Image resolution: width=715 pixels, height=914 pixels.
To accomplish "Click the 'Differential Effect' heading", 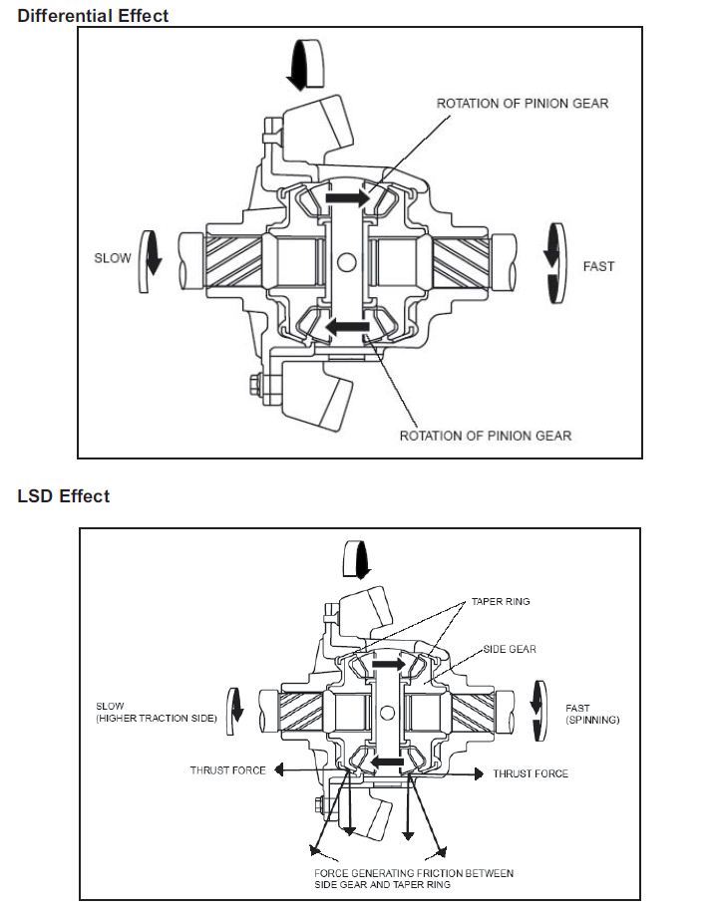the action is point(93,16).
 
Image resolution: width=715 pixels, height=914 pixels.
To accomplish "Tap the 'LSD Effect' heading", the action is point(64,496).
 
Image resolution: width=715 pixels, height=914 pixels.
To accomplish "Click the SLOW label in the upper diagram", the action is point(113,258).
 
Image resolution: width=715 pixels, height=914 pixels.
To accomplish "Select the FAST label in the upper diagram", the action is point(598,266).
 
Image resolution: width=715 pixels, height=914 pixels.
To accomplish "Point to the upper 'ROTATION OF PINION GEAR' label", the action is point(523,104).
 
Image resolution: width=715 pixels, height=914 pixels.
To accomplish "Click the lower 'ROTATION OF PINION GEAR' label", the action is point(486,436).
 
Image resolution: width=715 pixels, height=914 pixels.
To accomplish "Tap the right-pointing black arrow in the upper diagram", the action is point(348,198).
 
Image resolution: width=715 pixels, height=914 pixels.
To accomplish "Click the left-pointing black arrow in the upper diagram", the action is point(348,327).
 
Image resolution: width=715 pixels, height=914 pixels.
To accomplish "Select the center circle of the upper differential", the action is point(346,262).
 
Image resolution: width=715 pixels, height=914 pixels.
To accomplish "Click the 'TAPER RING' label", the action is point(501,602).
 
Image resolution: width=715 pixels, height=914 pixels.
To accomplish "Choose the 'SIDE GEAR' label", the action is point(510,649).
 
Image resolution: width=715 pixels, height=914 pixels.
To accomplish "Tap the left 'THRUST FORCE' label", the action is point(227,770).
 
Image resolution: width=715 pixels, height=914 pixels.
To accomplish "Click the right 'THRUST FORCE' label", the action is point(531,773).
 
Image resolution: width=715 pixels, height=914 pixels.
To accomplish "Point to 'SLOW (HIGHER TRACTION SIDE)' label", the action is point(157,713).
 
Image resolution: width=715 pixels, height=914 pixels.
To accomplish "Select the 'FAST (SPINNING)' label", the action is point(592,714).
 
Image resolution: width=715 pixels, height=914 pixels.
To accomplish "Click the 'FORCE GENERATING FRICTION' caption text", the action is point(414,879).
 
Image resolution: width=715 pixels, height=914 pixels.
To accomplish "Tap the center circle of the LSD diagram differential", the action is point(387,713).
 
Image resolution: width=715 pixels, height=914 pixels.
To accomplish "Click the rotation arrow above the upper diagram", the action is point(305,64).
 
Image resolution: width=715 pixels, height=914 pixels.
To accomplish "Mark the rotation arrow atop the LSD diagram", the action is point(356,559).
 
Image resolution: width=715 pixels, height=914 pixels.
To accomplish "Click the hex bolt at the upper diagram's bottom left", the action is point(255,386).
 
